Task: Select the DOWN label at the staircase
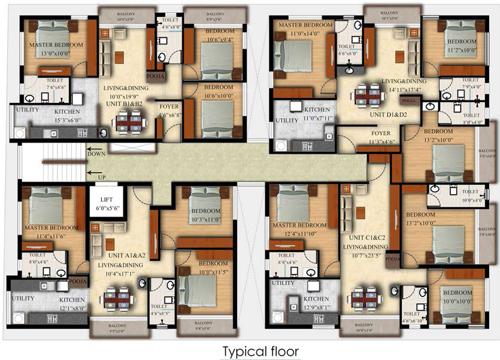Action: pyautogui.click(x=96, y=153)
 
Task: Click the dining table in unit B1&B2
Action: pyautogui.click(x=128, y=122)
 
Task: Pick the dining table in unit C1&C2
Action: pyautogui.click(x=364, y=296)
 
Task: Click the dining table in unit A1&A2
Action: pyautogui.click(x=118, y=297)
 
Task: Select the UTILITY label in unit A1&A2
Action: pyautogui.click(x=22, y=297)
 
